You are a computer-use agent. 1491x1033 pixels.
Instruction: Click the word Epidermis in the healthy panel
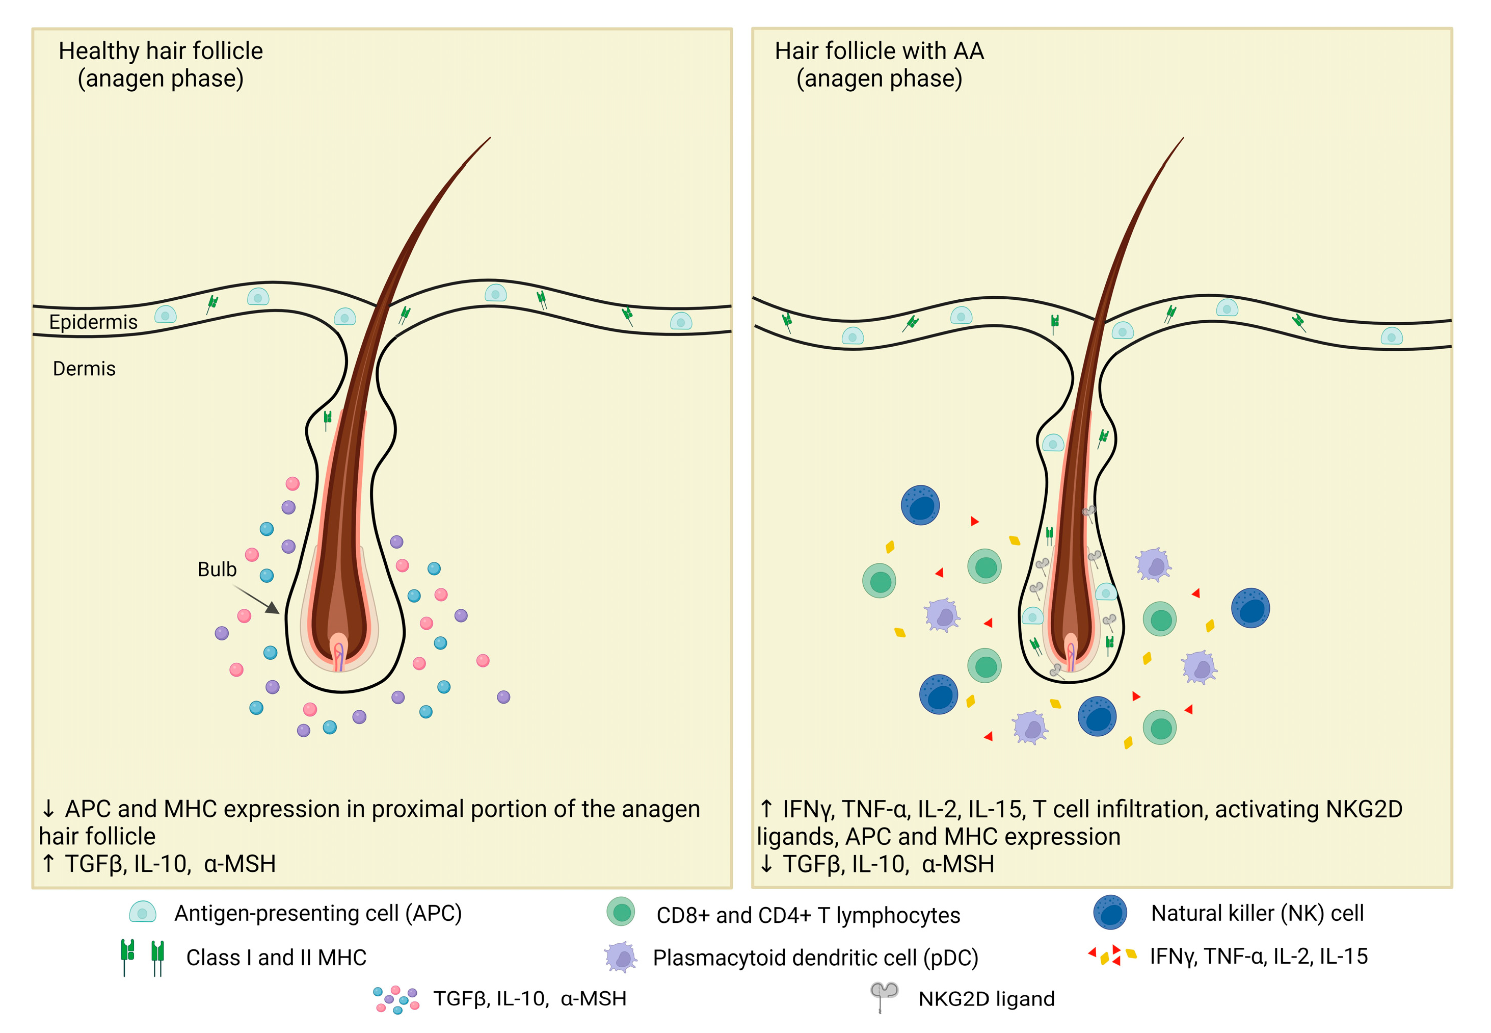(93, 322)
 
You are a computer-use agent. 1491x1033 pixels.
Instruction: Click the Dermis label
(84, 369)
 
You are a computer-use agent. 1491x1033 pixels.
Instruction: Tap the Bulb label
(217, 570)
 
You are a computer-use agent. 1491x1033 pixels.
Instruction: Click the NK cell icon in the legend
(1110, 912)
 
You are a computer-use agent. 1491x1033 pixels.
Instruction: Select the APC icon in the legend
(142, 912)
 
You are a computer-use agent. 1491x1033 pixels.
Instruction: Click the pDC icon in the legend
(621, 957)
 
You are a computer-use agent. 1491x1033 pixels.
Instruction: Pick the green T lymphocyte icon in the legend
(621, 912)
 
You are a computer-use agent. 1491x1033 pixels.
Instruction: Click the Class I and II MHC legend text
(276, 957)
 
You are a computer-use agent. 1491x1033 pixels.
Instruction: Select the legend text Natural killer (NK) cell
(1257, 913)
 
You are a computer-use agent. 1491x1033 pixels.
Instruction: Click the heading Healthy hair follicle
(161, 51)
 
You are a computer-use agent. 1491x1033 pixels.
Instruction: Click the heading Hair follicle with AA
(879, 51)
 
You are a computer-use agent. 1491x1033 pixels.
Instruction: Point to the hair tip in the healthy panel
(489, 139)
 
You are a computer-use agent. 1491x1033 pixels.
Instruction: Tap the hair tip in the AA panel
(1182, 139)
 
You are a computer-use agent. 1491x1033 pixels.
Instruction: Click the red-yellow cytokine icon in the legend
(1112, 955)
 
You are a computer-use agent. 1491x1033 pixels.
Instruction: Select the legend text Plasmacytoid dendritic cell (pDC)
(815, 958)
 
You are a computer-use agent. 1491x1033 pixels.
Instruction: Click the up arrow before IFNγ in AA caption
(766, 809)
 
